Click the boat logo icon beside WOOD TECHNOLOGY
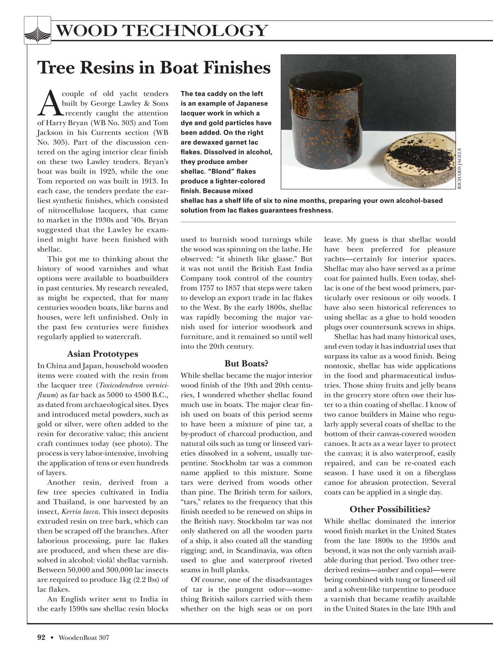coord(37,30)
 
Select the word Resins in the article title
coord(115,68)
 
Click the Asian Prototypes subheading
coord(102,354)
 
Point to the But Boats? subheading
coord(246,363)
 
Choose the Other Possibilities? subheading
coord(390,509)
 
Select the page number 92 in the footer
coord(41,637)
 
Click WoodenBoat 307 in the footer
coord(84,637)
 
